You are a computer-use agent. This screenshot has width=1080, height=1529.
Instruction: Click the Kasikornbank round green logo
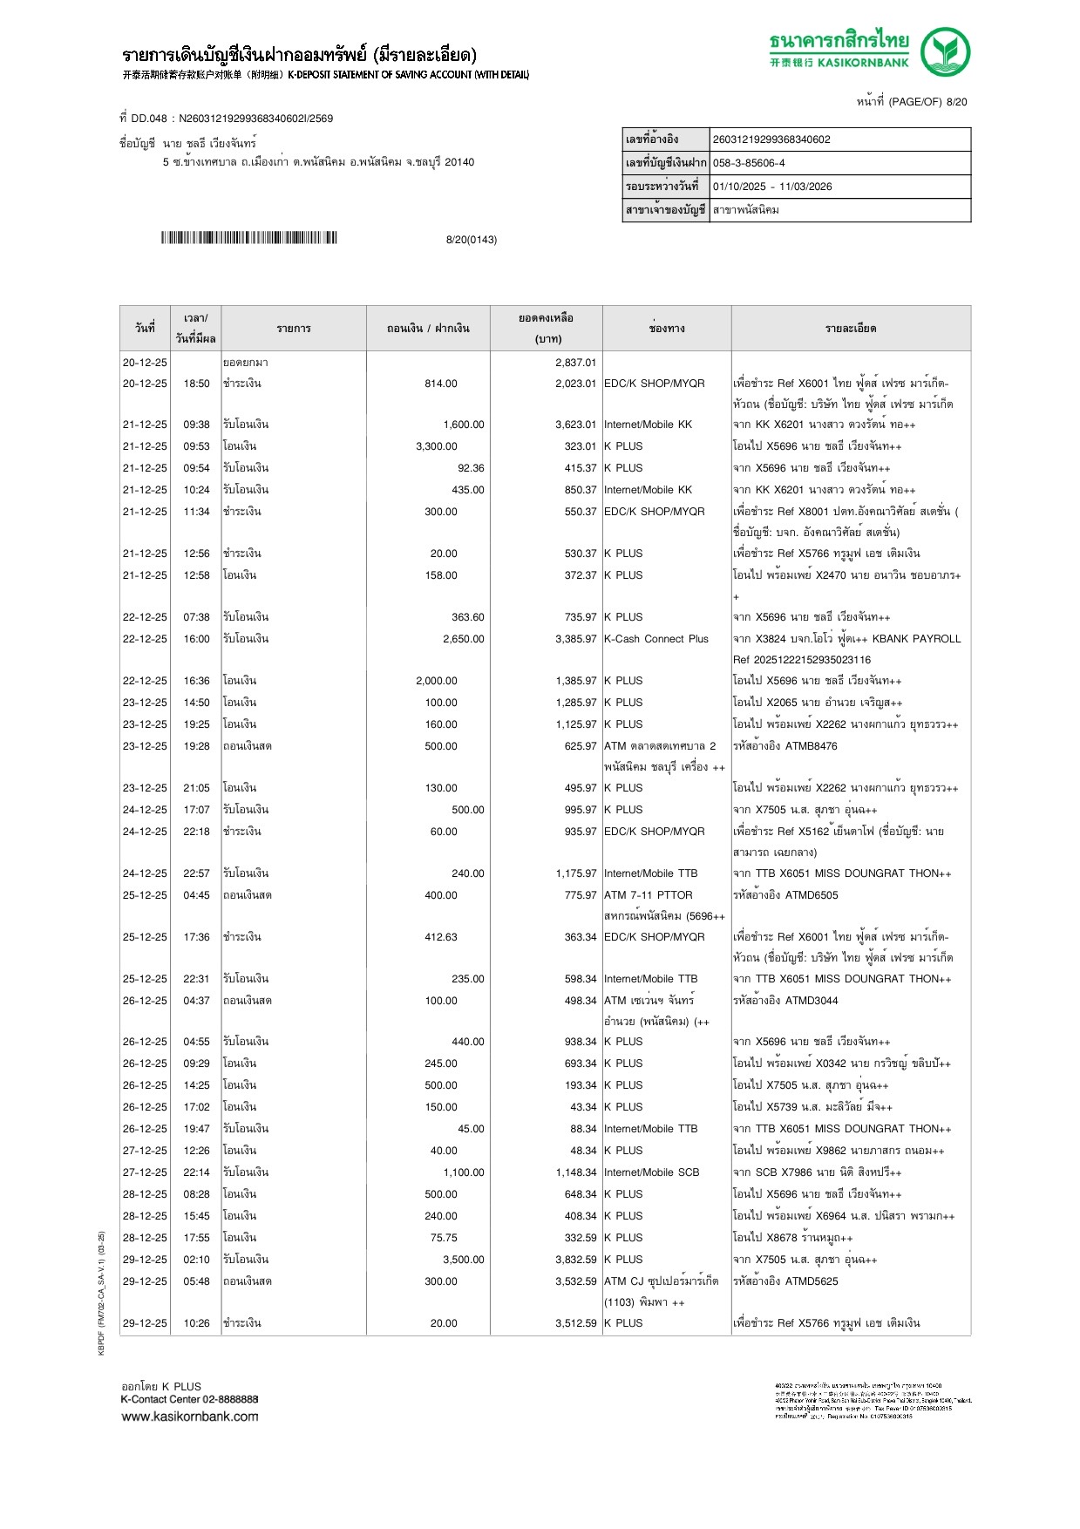click(945, 52)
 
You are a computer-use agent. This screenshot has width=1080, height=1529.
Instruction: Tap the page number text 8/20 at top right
click(956, 102)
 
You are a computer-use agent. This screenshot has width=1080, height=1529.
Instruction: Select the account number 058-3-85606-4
click(749, 163)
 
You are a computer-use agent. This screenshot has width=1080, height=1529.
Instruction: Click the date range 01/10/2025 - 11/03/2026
click(772, 187)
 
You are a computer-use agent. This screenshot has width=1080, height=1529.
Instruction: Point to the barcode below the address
click(248, 238)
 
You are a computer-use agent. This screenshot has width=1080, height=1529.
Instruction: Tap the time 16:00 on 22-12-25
click(196, 639)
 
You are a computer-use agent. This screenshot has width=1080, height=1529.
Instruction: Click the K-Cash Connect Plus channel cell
click(656, 639)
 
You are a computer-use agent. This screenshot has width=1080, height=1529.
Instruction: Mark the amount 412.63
click(440, 937)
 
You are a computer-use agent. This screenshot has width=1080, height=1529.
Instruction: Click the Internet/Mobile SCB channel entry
click(651, 1172)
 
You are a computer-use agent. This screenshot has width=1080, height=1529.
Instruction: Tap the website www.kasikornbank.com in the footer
click(190, 1417)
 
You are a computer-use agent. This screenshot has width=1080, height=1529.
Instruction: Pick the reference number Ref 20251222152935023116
click(801, 660)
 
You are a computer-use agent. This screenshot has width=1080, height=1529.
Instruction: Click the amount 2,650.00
click(463, 639)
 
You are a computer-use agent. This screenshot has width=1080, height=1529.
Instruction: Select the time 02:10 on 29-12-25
click(196, 1260)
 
